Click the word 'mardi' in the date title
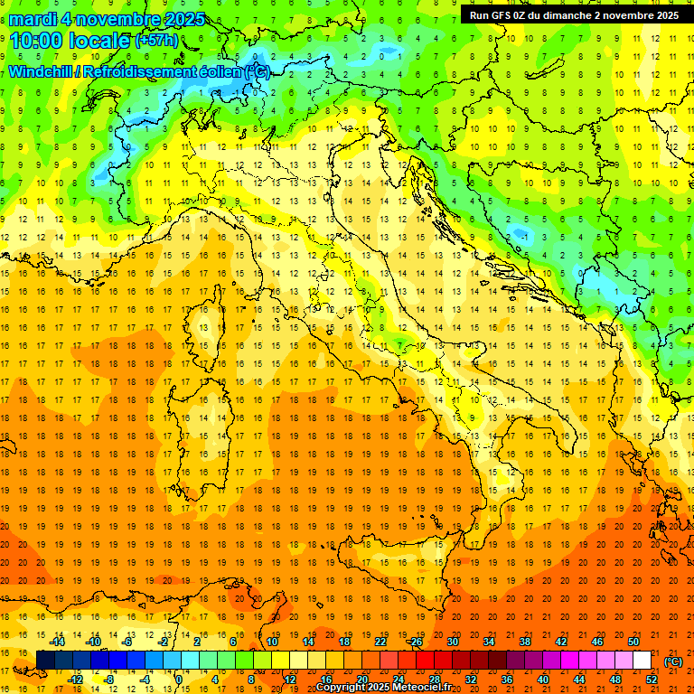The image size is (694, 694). click(33, 19)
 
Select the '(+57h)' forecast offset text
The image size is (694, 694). click(156, 41)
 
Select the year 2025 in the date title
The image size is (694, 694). click(178, 19)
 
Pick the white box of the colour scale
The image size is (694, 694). click(642, 661)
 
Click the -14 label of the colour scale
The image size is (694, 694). click(57, 642)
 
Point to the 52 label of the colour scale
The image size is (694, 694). click(652, 680)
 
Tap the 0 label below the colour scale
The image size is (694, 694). click(179, 680)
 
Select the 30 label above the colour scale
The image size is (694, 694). click(452, 642)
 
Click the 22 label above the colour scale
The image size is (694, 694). click(380, 642)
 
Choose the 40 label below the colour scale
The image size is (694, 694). click(543, 680)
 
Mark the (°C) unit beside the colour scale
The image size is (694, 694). click(673, 661)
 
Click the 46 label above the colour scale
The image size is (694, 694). click(596, 642)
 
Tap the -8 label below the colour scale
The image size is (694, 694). click(108, 680)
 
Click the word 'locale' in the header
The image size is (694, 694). click(101, 40)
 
